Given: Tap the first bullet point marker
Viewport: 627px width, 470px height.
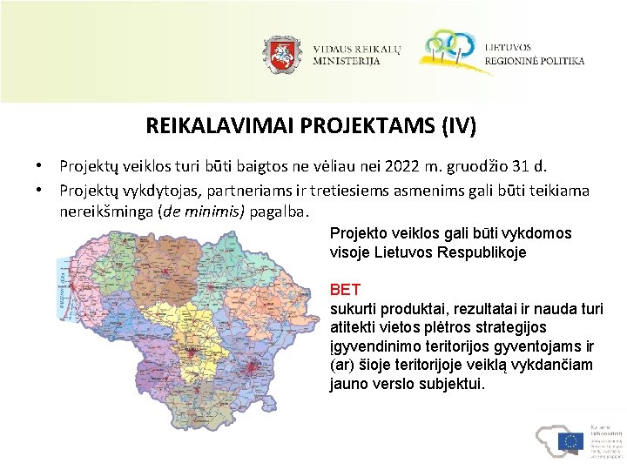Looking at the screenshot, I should pos(39,165).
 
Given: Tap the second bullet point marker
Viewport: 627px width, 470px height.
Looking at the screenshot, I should pos(39,189).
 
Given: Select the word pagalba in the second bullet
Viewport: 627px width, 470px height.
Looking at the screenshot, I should pos(280,211).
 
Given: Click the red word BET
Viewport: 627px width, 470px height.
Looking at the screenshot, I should pos(345,289).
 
